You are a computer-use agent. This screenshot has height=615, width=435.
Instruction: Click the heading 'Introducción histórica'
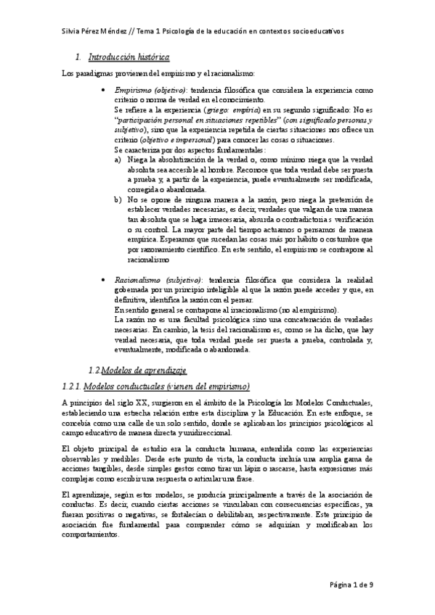pos(129,57)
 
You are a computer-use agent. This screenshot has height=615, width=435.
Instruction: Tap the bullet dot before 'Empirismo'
pos(106,88)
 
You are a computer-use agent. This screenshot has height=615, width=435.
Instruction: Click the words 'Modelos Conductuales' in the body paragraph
pos(331,403)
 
